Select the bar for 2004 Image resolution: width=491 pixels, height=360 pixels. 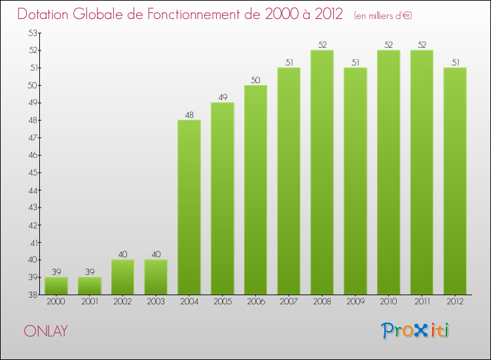(189, 207)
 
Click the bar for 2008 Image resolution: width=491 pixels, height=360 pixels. (322, 172)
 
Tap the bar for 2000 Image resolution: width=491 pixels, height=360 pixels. (56, 285)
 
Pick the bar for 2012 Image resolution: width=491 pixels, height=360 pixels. (455, 181)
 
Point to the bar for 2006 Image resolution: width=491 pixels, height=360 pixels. (255, 190)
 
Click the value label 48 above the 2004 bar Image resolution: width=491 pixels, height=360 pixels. (189, 115)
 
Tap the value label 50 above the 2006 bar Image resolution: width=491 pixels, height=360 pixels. (255, 80)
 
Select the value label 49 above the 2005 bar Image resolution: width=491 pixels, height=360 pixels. (223, 98)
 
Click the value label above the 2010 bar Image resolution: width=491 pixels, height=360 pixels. (388, 45)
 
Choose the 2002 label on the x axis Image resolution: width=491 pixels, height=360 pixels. (122, 303)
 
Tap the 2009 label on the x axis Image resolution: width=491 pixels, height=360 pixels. (355, 303)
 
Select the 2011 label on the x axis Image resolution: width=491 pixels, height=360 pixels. (422, 303)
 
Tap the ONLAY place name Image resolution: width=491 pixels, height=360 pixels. (45, 331)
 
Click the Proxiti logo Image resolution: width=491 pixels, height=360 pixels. (416, 331)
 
